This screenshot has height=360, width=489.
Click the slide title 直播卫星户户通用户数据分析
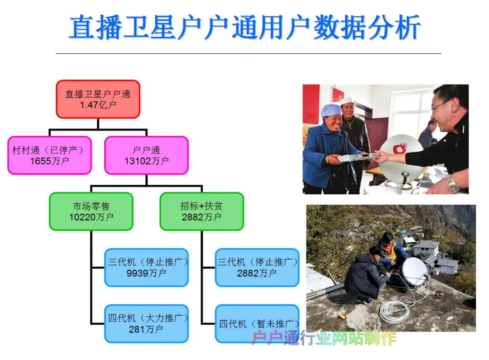coord(245,28)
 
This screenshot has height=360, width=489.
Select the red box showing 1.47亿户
coord(98,99)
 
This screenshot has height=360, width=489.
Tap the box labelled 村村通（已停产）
coord(50,155)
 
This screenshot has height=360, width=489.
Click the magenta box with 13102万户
coord(147,155)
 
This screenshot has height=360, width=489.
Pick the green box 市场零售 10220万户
coord(91,211)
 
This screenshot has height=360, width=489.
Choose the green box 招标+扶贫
coord(202,211)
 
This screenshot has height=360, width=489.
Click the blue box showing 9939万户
coord(147,267)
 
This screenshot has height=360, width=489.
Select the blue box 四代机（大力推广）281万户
coord(147,323)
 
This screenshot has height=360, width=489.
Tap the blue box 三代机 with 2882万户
coord(257,267)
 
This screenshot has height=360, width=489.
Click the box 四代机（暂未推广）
coord(257,323)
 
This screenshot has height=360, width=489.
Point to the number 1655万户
coord(50,161)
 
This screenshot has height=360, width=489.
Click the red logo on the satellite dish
coord(400,148)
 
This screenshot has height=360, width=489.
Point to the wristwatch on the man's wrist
coord(453,183)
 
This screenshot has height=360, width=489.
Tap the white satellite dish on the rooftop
coord(414,271)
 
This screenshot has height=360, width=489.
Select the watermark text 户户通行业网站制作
coord(324,338)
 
